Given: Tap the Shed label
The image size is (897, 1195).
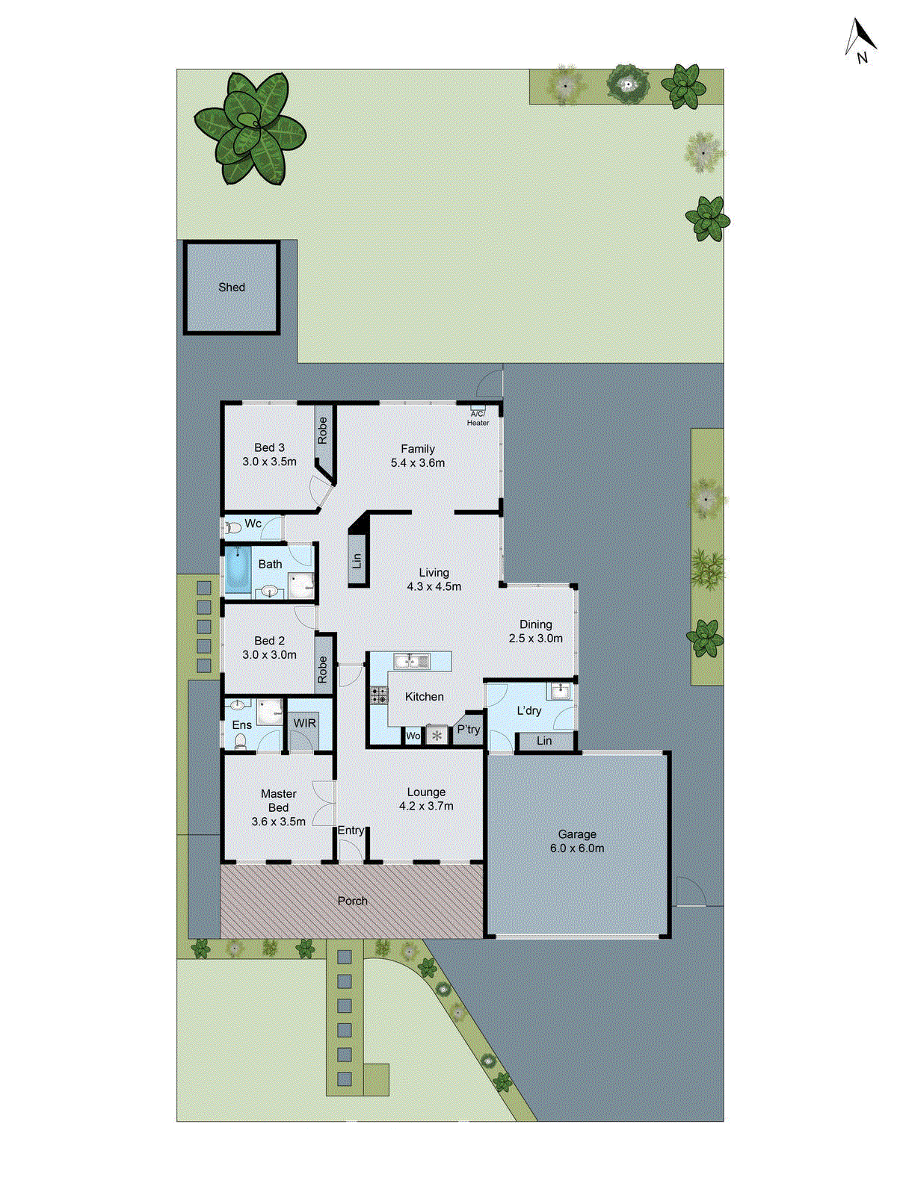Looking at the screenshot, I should click(232, 288).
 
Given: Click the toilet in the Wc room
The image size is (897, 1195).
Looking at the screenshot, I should click(233, 527).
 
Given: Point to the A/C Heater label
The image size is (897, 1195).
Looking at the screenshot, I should click(478, 418).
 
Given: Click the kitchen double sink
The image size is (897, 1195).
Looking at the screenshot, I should click(411, 660).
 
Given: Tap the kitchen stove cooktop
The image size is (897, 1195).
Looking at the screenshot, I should click(379, 696).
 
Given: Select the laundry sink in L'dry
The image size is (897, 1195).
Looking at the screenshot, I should click(558, 692).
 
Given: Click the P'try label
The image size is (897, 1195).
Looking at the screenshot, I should click(469, 730).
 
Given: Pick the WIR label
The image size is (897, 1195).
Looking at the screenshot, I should click(304, 723).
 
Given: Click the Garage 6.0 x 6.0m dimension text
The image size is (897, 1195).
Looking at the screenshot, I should click(577, 848).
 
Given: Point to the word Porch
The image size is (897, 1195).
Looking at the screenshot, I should click(352, 901).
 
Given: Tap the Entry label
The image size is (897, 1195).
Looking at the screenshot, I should click(351, 831).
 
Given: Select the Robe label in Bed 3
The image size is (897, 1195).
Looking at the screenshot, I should click(322, 430).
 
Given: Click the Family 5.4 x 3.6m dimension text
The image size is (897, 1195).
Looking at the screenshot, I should click(418, 463).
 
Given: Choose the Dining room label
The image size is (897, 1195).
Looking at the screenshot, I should click(536, 624).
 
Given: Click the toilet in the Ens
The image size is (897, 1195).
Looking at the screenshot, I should click(240, 741).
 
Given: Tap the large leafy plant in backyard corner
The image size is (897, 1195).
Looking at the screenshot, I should click(250, 128).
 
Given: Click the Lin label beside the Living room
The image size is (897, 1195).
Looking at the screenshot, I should click(357, 559).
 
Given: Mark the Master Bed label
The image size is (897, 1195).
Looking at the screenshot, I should click(279, 801).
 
